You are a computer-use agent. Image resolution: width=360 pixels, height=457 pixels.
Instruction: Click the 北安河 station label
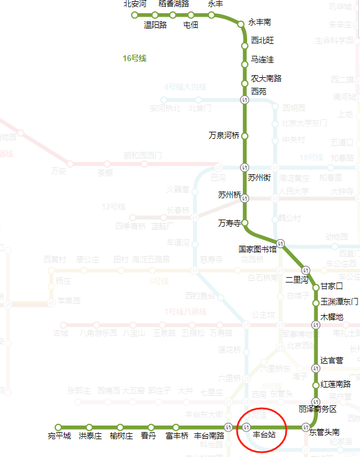click(x=135, y=4)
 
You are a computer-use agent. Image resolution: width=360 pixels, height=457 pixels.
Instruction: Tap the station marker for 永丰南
click(x=241, y=24)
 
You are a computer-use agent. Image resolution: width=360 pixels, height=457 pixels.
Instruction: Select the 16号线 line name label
click(x=134, y=59)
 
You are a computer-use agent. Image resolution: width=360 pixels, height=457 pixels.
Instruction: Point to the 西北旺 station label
click(x=263, y=41)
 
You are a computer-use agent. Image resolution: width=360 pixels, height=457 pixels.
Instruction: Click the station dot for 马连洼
click(x=244, y=64)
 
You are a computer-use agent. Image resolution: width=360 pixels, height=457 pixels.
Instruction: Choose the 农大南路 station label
click(x=266, y=78)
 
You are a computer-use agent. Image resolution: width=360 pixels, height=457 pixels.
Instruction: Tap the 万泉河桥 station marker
click(x=244, y=136)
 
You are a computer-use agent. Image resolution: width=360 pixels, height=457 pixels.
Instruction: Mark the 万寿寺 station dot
click(x=244, y=223)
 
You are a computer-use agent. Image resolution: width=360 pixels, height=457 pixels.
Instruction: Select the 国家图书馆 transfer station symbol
click(x=281, y=243)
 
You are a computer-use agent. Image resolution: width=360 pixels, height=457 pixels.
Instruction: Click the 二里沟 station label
click(x=297, y=279)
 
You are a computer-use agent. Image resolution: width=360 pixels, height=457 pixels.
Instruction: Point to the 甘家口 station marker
click(x=316, y=287)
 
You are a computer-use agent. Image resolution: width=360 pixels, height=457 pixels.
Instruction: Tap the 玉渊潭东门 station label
click(x=339, y=302)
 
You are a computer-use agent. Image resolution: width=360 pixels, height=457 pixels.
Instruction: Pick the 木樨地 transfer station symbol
click(x=316, y=325)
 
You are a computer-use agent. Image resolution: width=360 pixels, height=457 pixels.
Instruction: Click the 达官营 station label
click(x=331, y=360)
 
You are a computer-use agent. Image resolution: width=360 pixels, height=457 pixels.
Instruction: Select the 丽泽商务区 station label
click(x=318, y=410)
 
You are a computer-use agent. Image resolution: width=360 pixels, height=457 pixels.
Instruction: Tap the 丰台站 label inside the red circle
click(x=264, y=435)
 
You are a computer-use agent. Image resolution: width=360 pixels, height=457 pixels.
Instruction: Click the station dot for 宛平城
click(x=59, y=427)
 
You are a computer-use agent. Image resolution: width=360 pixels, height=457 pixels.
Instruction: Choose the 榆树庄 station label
click(x=121, y=436)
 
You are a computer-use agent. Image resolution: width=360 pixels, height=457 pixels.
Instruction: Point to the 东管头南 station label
click(x=324, y=433)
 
